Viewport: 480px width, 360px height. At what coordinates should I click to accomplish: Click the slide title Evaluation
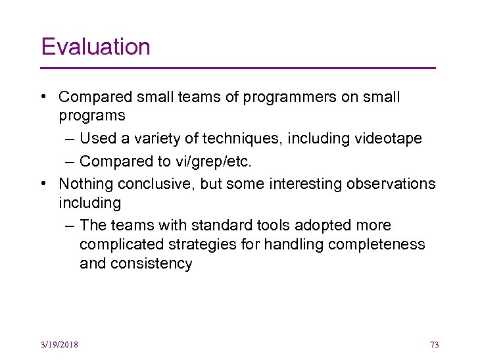[x=95, y=47]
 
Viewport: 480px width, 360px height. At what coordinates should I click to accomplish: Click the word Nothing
[x=85, y=184]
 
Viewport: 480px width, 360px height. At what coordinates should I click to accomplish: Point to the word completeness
[x=375, y=245]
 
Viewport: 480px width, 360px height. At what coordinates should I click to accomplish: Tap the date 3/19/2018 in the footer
[x=59, y=345]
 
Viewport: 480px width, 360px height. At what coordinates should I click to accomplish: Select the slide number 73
[x=434, y=345]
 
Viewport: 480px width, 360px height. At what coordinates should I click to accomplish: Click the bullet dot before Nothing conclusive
[x=43, y=184]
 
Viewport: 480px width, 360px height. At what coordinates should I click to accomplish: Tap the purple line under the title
[x=238, y=68]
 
